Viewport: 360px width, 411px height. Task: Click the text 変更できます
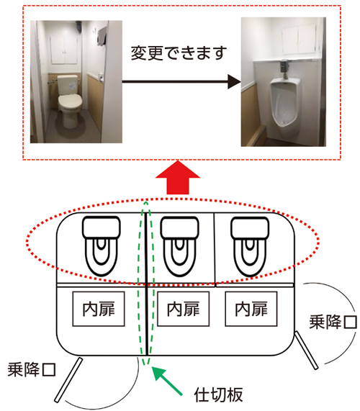click(179, 53)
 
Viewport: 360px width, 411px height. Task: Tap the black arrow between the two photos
click(181, 82)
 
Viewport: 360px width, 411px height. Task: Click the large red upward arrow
click(178, 177)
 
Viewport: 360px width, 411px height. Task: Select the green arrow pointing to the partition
click(167, 380)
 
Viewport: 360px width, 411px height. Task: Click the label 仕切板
click(218, 394)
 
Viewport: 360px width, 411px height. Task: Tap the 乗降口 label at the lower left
click(32, 369)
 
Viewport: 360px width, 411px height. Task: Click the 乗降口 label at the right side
click(333, 322)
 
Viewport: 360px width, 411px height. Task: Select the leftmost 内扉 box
click(99, 309)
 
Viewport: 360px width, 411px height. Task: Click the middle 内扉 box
click(184, 309)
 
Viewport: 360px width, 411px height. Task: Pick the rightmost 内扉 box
click(251, 309)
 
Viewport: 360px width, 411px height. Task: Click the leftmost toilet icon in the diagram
click(102, 246)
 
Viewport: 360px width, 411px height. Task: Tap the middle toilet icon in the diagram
click(179, 246)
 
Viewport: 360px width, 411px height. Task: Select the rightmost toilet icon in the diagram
click(250, 246)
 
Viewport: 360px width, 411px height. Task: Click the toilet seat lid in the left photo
click(70, 102)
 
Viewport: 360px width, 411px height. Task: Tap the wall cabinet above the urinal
click(299, 40)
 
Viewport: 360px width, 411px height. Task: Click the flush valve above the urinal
click(284, 68)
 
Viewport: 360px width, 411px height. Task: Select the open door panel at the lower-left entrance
click(68, 380)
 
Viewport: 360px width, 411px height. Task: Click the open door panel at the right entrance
click(307, 351)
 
